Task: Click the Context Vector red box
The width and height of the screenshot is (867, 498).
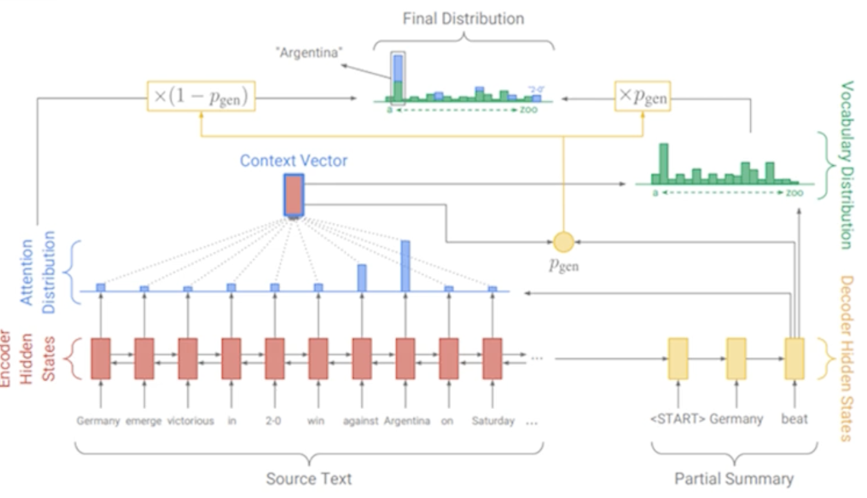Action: tap(294, 195)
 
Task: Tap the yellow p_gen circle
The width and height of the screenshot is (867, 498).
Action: tap(564, 242)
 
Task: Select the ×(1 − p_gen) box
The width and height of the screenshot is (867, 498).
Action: tap(201, 96)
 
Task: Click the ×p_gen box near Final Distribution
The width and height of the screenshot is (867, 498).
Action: tap(642, 96)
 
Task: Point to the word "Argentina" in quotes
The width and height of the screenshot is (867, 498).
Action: tap(310, 53)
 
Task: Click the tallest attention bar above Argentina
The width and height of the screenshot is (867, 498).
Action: tap(405, 265)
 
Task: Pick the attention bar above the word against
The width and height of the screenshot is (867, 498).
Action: tap(362, 277)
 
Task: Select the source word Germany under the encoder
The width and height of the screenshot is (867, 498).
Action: tap(98, 421)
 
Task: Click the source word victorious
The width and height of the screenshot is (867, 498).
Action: tap(190, 421)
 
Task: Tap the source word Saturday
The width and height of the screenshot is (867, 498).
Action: tap(493, 421)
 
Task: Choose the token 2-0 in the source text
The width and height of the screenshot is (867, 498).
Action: tap(274, 421)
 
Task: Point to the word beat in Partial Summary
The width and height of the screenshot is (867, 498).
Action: tap(794, 419)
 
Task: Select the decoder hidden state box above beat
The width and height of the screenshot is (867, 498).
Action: tap(794, 358)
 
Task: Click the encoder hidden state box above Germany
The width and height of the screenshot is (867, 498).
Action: tap(101, 358)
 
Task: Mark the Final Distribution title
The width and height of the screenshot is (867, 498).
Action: tap(463, 19)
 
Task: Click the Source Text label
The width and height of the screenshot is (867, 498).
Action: tap(309, 479)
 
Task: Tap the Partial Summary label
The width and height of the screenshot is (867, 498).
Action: tap(734, 479)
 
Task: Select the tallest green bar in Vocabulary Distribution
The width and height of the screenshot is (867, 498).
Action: tap(664, 164)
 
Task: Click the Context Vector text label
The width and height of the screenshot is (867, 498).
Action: tap(294, 161)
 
